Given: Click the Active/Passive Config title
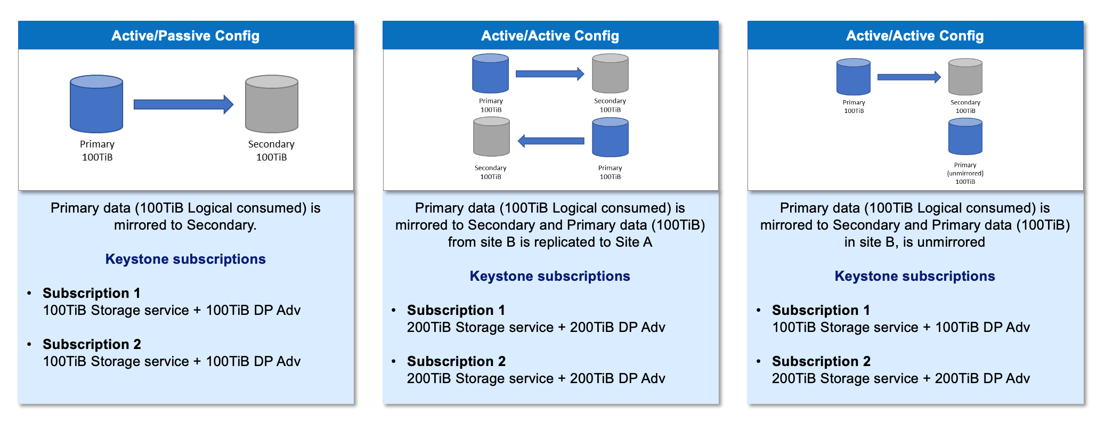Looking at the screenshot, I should click(x=185, y=36).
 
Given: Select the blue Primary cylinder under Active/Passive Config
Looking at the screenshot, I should click(x=96, y=104).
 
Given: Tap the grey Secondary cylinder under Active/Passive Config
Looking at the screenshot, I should click(x=272, y=104).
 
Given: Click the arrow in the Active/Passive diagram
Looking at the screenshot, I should click(x=183, y=104).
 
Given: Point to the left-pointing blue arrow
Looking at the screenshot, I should click(x=551, y=141).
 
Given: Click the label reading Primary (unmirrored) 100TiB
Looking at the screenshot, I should click(x=965, y=173).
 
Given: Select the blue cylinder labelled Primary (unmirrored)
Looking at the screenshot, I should click(x=965, y=137).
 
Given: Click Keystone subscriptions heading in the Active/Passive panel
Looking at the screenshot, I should click(x=185, y=259).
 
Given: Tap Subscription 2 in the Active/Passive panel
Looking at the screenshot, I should click(x=92, y=344).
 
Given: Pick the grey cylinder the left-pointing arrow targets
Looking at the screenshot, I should click(x=491, y=137).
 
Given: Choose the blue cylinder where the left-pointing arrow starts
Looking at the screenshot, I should click(x=610, y=137).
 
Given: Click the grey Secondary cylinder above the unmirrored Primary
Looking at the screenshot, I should click(x=965, y=77).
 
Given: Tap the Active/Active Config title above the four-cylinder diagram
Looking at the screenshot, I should click(x=550, y=36).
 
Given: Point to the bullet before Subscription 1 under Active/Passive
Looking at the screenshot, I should click(x=29, y=293).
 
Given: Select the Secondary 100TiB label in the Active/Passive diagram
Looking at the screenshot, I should click(x=271, y=150).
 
